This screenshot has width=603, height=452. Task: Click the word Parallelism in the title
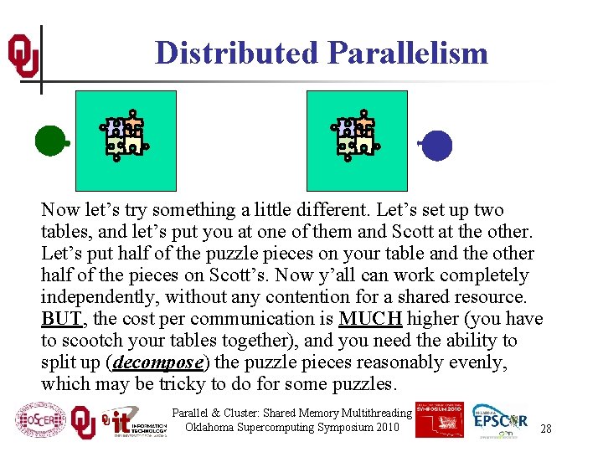[x=408, y=53]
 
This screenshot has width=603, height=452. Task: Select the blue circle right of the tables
[x=436, y=146]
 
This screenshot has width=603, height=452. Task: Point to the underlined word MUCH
[x=370, y=319]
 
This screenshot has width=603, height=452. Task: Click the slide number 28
[x=545, y=428]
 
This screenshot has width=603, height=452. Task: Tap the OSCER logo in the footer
[x=40, y=419]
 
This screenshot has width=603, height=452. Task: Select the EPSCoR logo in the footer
[x=500, y=419]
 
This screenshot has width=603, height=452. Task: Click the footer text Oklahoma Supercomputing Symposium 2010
[x=292, y=428]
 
